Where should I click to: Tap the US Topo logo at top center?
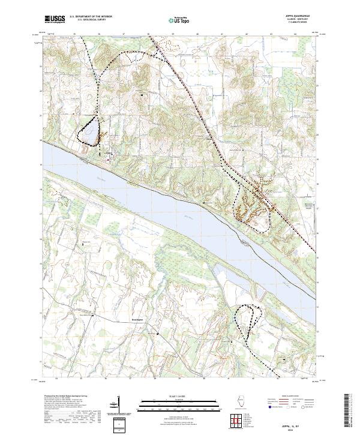(179, 20)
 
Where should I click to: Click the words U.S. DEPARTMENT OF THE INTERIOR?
(91, 17)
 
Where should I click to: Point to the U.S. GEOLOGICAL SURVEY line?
(91, 20)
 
